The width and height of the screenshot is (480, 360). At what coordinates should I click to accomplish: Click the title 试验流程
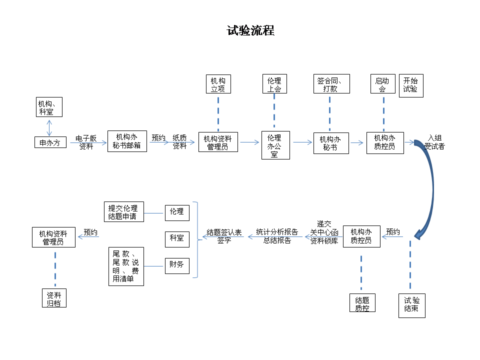[250, 30]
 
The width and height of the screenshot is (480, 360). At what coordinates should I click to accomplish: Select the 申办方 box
[50, 142]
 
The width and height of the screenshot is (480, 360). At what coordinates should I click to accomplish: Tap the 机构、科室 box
[49, 107]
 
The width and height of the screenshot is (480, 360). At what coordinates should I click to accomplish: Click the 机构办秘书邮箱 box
[127, 141]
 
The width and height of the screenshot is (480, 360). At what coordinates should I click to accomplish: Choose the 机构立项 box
[218, 84]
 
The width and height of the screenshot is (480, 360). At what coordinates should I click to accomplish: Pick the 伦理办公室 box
[275, 145]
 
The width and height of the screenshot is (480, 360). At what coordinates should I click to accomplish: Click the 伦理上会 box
[274, 84]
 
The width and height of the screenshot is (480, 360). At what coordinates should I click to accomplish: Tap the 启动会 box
[382, 84]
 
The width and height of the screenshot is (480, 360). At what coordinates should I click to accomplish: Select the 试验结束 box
[412, 305]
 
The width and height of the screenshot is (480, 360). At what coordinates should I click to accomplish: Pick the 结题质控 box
[362, 303]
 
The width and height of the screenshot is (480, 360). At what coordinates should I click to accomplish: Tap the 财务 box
[177, 265]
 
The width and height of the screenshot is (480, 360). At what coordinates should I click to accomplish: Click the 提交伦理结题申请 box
[123, 212]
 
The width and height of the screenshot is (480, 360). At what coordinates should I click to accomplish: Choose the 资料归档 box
[53, 298]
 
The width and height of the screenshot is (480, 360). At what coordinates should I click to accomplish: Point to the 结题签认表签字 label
[224, 236]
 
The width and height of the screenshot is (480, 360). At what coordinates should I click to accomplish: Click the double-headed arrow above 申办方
[49, 127]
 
